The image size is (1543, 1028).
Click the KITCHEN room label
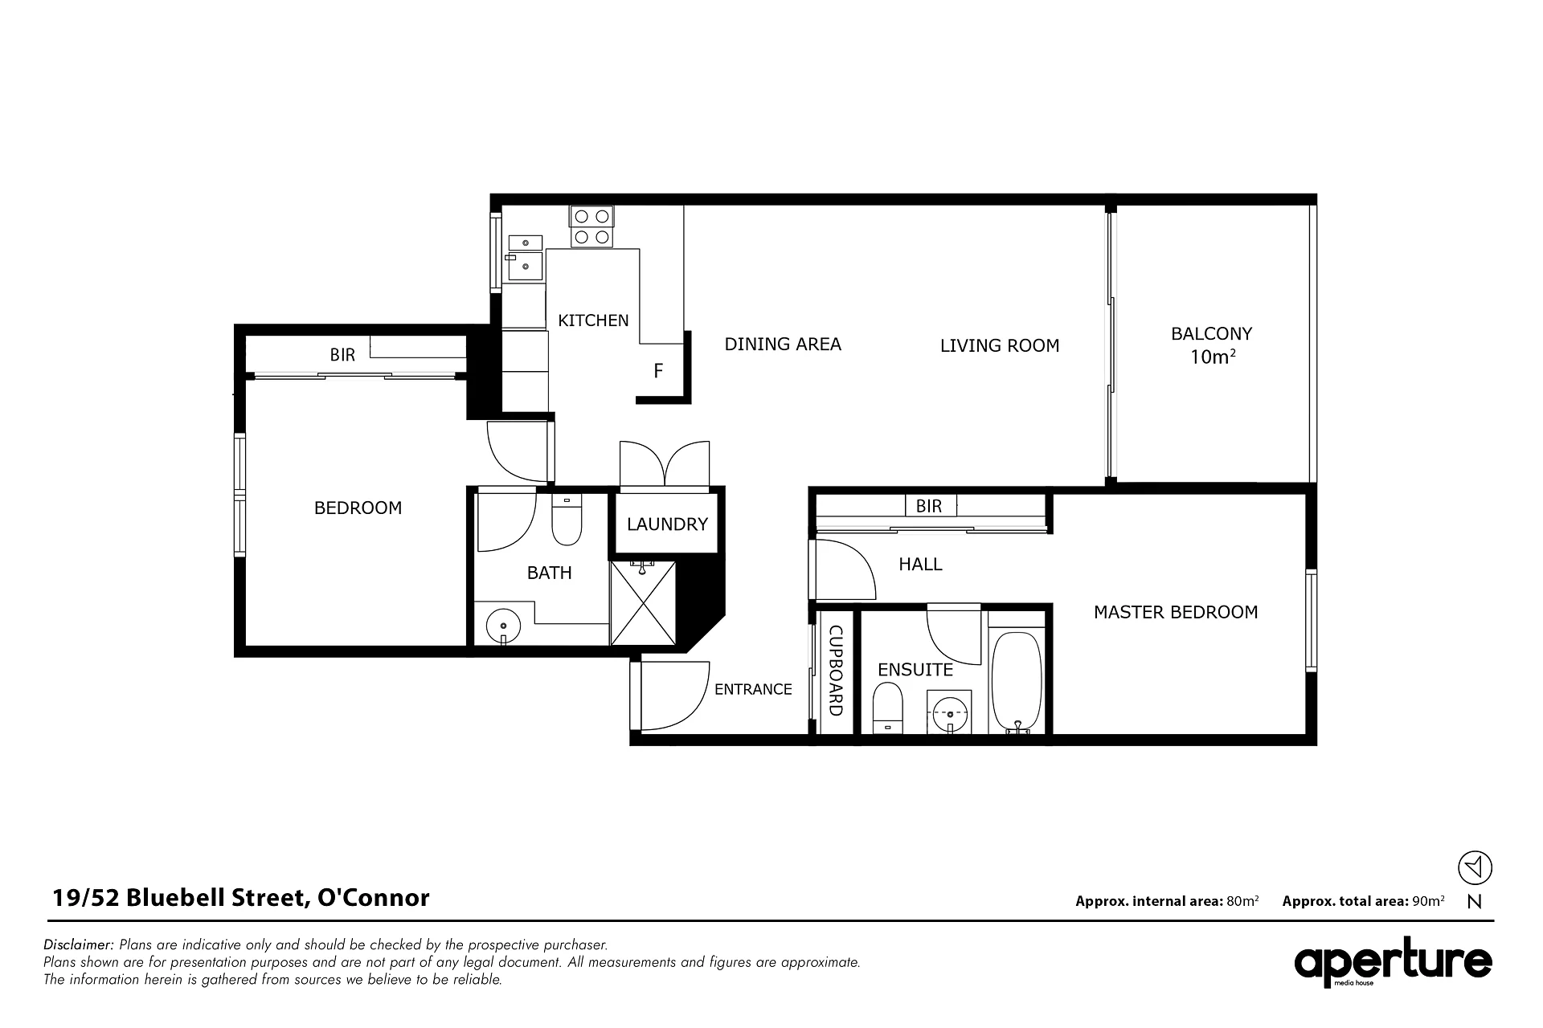point(593,320)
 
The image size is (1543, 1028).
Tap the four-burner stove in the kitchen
point(591,226)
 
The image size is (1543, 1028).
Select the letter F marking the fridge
point(658,371)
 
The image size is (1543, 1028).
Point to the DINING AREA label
point(783,345)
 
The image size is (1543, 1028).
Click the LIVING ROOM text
point(1000,345)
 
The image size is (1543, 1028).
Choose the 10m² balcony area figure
point(1212,357)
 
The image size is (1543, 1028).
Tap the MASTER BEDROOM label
point(1176,612)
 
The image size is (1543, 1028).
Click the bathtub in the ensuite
point(1017,681)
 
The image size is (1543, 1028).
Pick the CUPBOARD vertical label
point(835,671)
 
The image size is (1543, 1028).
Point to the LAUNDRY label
point(667,524)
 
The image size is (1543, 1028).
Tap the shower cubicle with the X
point(643,603)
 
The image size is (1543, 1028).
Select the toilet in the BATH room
point(567,520)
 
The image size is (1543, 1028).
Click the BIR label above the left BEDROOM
point(342,355)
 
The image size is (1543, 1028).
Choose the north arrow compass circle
point(1475,867)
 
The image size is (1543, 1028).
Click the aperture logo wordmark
point(1393,962)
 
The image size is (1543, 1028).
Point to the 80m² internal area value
point(1242,901)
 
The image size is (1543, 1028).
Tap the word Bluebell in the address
point(172,897)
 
